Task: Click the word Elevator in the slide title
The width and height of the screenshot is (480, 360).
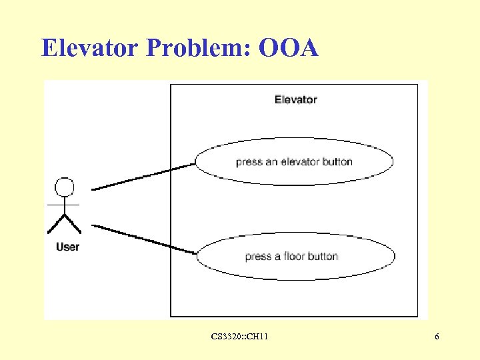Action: pyautogui.click(x=90, y=48)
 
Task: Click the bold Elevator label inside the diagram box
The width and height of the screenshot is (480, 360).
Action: pyautogui.click(x=295, y=99)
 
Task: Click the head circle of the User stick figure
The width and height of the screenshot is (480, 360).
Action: pyautogui.click(x=64, y=187)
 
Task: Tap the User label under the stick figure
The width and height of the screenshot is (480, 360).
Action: pyautogui.click(x=67, y=247)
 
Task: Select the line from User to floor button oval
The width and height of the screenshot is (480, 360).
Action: pyautogui.click(x=143, y=239)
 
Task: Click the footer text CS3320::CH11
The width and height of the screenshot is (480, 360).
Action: pyautogui.click(x=239, y=337)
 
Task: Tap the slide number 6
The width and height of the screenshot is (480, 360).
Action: pyautogui.click(x=437, y=337)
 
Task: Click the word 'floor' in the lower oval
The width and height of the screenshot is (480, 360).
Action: pyautogui.click(x=294, y=257)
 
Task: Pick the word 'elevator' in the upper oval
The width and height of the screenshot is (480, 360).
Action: pyautogui.click(x=300, y=161)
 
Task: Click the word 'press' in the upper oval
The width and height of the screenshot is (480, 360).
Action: pyautogui.click(x=249, y=162)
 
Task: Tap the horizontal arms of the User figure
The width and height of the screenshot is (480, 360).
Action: pyautogui.click(x=64, y=204)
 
